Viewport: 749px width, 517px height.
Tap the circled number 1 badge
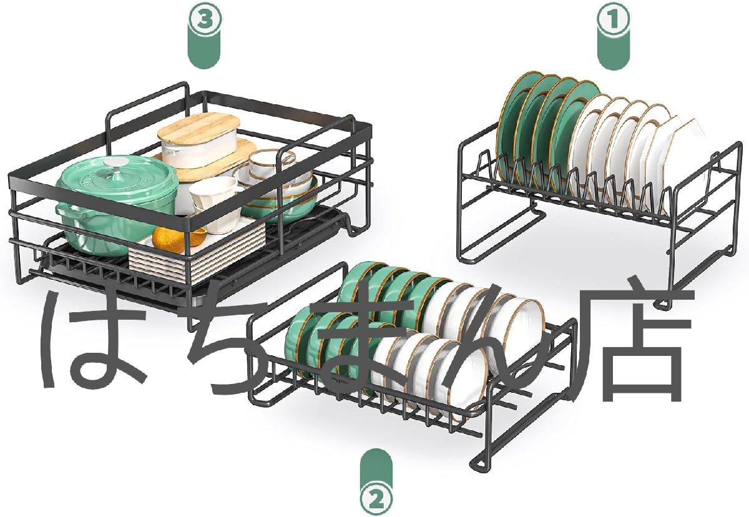614,19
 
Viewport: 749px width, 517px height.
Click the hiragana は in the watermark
97,340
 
